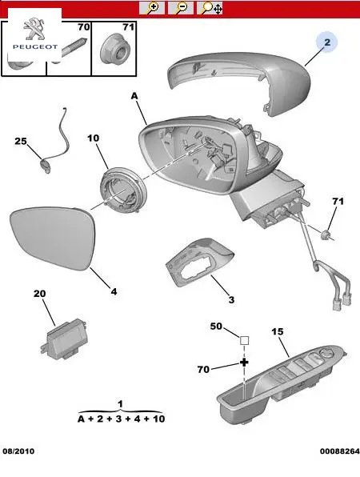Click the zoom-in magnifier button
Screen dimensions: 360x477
coord(152,8)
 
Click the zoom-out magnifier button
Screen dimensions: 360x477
coord(181,8)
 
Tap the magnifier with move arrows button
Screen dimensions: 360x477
coord(210,8)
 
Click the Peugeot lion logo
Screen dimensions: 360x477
coord(35,29)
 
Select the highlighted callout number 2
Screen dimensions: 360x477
coord(327,42)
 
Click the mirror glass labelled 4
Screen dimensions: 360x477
coord(53,238)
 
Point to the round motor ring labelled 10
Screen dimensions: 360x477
coord(123,192)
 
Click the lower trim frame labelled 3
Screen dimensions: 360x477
coord(199,262)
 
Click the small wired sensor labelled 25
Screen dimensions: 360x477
coord(46,166)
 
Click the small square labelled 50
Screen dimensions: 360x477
coord(245,340)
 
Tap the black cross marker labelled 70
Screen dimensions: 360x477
coord(244,363)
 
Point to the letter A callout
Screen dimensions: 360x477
coord(134,96)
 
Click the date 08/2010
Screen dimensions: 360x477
coord(18,451)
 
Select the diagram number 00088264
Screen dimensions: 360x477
coord(340,451)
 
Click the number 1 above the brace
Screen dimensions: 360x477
coord(121,403)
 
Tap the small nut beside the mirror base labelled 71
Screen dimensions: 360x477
coord(326,234)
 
